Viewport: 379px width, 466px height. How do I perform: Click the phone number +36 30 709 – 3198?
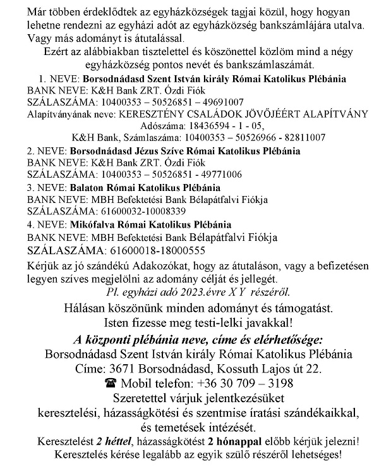pos(234,383)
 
